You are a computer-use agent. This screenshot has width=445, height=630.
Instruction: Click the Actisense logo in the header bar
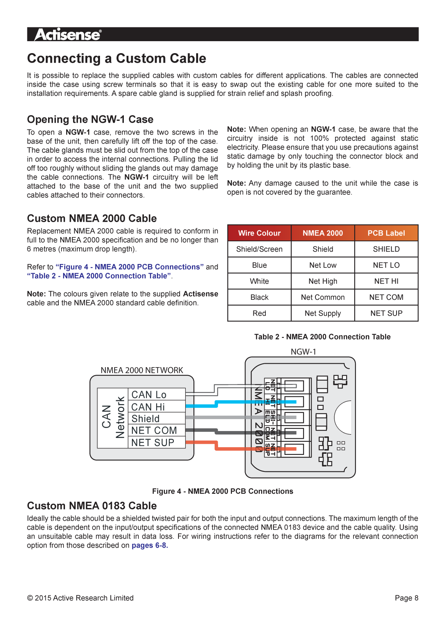click(x=68, y=35)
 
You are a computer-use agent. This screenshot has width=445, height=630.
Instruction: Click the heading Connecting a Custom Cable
click(x=117, y=58)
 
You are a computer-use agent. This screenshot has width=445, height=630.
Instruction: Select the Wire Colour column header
click(x=259, y=233)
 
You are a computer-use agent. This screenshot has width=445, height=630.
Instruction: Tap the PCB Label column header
click(x=386, y=233)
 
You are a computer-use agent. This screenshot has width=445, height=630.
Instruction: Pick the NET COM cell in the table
click(x=386, y=297)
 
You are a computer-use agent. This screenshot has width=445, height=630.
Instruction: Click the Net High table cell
click(x=323, y=281)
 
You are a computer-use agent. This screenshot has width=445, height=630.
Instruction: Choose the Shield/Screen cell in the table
click(x=259, y=249)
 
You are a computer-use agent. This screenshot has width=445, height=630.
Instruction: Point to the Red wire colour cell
click(x=259, y=313)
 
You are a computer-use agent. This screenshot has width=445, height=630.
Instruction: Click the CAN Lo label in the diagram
click(x=149, y=394)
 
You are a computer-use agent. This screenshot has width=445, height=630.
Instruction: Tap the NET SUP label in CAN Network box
click(x=153, y=443)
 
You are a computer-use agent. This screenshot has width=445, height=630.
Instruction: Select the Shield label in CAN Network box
click(x=145, y=419)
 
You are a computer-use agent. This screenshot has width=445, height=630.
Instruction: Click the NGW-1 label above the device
click(x=303, y=351)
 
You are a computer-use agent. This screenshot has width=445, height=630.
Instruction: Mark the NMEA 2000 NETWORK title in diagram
click(x=142, y=370)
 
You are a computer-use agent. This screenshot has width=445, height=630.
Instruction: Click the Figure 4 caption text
click(x=222, y=491)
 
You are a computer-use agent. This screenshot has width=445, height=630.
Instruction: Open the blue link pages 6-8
click(x=150, y=545)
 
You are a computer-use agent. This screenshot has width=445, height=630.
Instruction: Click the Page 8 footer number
click(x=406, y=598)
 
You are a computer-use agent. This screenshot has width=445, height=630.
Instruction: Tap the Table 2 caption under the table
click(x=322, y=337)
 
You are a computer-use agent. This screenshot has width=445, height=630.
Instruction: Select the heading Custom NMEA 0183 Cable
click(x=92, y=506)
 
